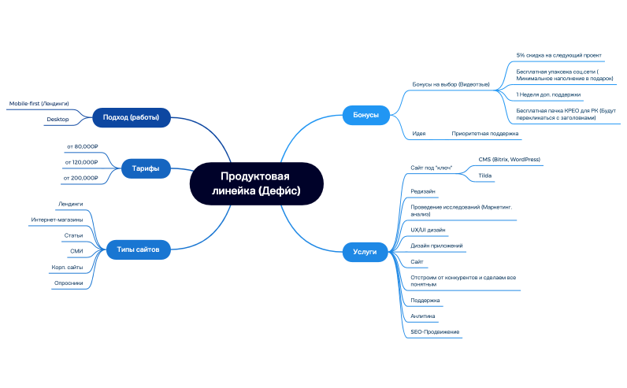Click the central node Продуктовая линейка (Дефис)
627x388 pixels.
[x=256, y=184]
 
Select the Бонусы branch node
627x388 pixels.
[x=366, y=115]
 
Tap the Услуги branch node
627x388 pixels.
[x=365, y=252]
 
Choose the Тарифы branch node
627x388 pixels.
[x=146, y=168]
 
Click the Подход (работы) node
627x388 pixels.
[x=132, y=117]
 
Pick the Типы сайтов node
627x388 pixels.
[x=138, y=249]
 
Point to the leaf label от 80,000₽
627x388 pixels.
[x=83, y=146]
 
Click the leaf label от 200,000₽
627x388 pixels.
[x=80, y=178]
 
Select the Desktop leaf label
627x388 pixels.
[x=58, y=120]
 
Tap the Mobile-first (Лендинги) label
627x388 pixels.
[x=39, y=104]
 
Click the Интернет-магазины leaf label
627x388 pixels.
[x=57, y=220]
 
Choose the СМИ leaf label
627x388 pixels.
[x=76, y=251]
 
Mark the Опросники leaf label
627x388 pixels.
[x=69, y=283]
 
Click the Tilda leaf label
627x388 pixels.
[x=485, y=176]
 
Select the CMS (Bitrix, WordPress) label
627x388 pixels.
[x=509, y=160]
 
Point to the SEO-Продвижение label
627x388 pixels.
[x=435, y=332]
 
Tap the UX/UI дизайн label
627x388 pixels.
[x=428, y=230]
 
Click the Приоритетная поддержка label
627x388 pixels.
[x=485, y=134]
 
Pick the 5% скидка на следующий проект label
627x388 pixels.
[x=558, y=56]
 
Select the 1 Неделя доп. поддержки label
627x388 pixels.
[x=548, y=94]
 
